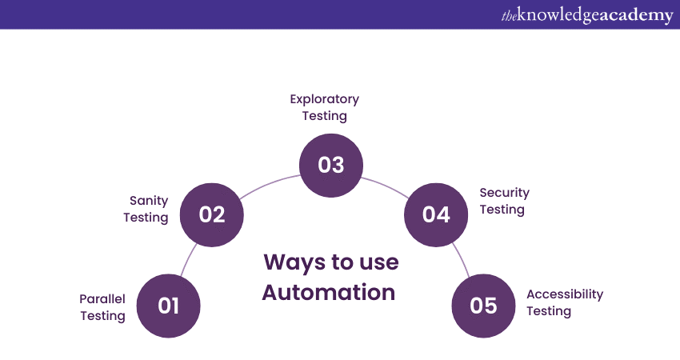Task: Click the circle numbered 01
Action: (x=168, y=306)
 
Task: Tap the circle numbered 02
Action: (x=212, y=214)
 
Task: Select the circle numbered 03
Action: (x=331, y=165)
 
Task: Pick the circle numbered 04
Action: (x=436, y=214)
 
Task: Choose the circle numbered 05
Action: (x=484, y=306)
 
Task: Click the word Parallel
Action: (x=102, y=298)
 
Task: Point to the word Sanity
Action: (x=148, y=200)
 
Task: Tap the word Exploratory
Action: (x=324, y=99)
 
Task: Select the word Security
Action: (x=504, y=193)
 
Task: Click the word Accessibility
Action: (x=564, y=294)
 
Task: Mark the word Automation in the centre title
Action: (x=329, y=292)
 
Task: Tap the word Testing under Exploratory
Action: (x=324, y=116)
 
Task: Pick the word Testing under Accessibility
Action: (x=548, y=311)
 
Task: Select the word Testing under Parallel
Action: (x=102, y=316)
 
